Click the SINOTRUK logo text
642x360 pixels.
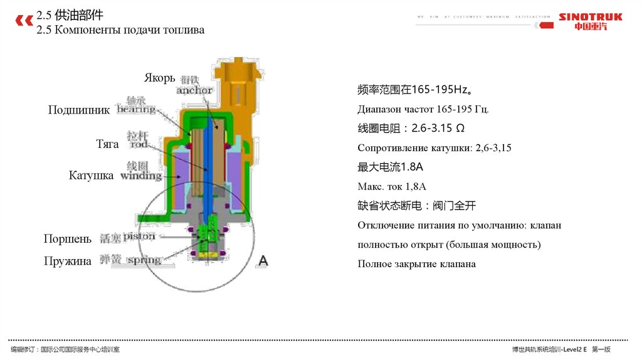click(x=590, y=17)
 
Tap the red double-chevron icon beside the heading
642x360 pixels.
click(x=24, y=21)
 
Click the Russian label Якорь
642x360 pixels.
click(x=159, y=78)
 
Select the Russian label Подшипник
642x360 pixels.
click(x=79, y=110)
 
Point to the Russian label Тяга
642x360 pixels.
click(x=107, y=144)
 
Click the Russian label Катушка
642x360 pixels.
click(x=91, y=176)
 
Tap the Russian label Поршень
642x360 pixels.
click(x=67, y=238)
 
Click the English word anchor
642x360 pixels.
click(x=194, y=90)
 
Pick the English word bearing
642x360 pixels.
click(x=136, y=109)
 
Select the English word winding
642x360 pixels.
click(x=141, y=176)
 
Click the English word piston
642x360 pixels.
click(x=139, y=236)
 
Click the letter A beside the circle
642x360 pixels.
click(x=263, y=260)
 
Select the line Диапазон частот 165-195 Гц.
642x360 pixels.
click(x=423, y=109)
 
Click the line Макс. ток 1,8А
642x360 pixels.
click(x=392, y=186)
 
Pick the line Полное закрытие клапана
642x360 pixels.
click(x=416, y=263)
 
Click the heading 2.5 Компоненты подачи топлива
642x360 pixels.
click(x=120, y=29)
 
